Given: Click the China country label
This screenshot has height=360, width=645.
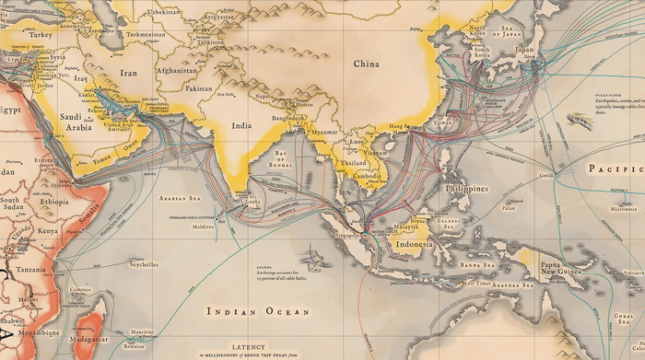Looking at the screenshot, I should (366, 64).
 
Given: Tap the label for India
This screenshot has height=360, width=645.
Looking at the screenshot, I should (241, 125).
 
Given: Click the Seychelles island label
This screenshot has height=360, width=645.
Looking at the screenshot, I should (142, 264).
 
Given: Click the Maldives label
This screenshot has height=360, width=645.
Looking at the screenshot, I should (204, 225).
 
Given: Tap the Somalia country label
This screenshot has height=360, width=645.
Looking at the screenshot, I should (88, 214).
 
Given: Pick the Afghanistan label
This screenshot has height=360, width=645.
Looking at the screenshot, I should (176, 70).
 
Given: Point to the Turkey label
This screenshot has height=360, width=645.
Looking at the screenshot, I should (41, 34).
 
